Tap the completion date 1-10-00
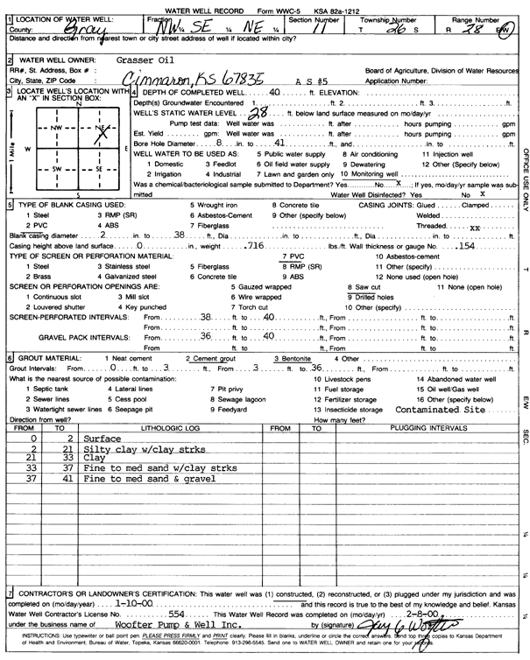coord(135,604)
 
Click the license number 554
coord(180,615)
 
